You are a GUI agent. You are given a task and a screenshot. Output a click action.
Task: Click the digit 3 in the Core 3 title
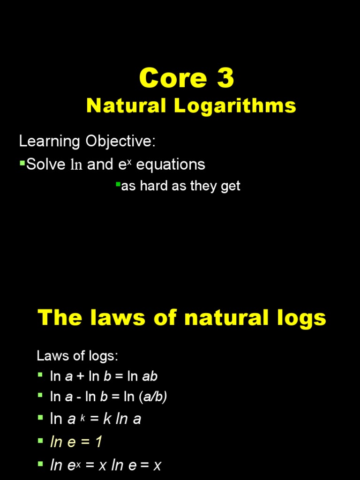tap(225, 78)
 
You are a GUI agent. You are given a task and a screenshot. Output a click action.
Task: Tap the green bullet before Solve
tap(22, 162)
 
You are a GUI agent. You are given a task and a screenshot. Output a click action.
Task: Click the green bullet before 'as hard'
tap(118, 184)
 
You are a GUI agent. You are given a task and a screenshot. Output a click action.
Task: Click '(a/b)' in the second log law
tap(153, 397)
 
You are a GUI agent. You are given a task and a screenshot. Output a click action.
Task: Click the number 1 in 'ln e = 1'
tap(98, 442)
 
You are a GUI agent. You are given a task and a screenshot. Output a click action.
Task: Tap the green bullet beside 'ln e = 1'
tap(40, 441)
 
